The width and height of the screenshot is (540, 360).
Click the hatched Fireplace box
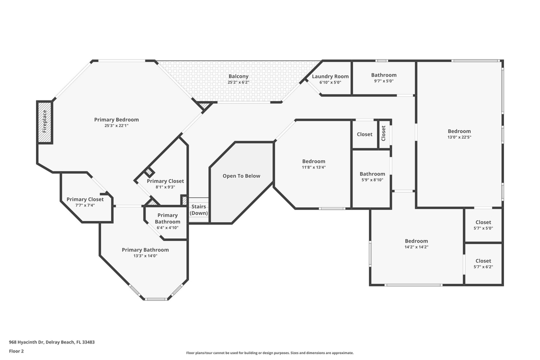(x=44, y=122)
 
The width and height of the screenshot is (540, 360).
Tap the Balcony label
(x=238, y=76)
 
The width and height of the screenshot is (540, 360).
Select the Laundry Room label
(x=330, y=76)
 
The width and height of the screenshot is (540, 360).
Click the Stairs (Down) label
(x=199, y=209)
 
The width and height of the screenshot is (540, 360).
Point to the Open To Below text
(x=241, y=176)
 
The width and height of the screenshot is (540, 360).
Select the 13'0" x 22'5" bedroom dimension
(x=459, y=137)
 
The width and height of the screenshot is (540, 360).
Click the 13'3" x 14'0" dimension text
(x=145, y=256)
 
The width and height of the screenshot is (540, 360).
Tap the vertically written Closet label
(x=384, y=133)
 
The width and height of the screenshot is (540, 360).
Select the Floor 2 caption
(x=16, y=351)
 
